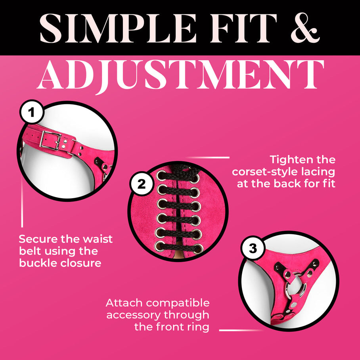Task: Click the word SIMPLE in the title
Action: click(118, 28)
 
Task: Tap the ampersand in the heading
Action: click(305, 28)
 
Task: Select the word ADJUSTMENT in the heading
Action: click(180, 75)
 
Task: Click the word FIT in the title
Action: click(243, 28)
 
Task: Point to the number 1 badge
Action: click(31, 112)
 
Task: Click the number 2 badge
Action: click(141, 184)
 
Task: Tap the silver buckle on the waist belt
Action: click(50, 141)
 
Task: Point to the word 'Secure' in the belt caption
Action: click(38, 239)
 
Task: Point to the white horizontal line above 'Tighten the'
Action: click(207, 157)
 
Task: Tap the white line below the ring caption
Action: click(241, 330)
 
